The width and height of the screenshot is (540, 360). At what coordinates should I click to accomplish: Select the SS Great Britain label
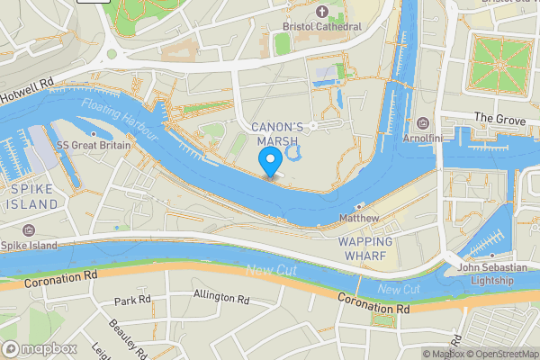point(94,145)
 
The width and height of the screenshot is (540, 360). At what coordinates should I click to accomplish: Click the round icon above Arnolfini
point(423,123)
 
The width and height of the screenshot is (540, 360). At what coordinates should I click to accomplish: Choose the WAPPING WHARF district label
point(364,249)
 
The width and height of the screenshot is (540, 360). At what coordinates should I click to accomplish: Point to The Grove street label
point(498,118)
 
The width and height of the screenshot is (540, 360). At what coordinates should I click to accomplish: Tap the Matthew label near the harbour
point(358,219)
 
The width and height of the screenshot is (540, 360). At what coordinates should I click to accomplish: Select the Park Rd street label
point(130,300)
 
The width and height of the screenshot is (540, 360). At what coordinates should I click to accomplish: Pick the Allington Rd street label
point(220,296)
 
